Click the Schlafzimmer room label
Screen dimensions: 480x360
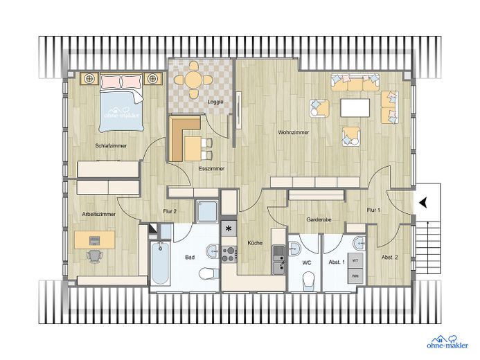[x=111, y=145]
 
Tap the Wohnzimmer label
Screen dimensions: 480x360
[x=293, y=132]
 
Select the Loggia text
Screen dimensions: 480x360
[x=215, y=102]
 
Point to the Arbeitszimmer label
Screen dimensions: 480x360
[x=98, y=214]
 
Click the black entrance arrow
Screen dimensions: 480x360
[x=423, y=202]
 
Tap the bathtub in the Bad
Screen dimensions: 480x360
[x=160, y=262]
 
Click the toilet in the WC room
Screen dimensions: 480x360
[x=308, y=281]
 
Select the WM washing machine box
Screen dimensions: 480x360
[x=355, y=276]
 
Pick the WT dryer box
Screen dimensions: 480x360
[x=355, y=260]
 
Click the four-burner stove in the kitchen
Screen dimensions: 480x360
[x=229, y=255]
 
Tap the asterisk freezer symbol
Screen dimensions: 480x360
[x=229, y=228]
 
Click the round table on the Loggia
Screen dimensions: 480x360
[x=193, y=80]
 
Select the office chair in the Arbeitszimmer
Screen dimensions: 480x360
[x=95, y=255]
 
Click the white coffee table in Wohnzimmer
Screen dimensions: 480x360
[x=355, y=108]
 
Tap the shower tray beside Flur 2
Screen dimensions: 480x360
[x=208, y=211]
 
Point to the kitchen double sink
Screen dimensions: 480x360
[x=279, y=260]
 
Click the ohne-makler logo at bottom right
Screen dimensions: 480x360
[x=447, y=342]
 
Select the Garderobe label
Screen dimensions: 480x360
[x=319, y=219]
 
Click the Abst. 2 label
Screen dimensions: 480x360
[x=389, y=258]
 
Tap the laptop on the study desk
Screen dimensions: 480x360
[x=95, y=240]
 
